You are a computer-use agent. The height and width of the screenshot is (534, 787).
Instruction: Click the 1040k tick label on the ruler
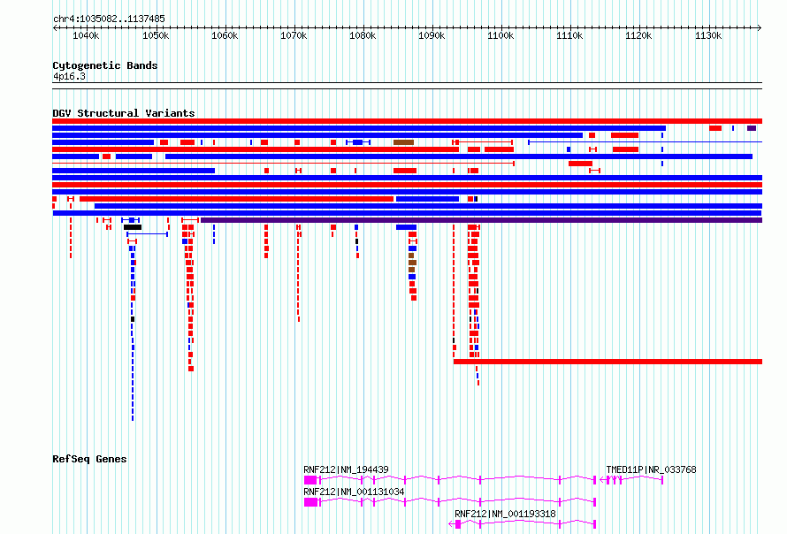coord(87,35)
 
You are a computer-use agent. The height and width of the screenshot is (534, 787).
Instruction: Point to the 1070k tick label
coord(294,35)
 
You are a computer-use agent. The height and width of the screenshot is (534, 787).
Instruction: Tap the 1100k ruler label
coord(500,35)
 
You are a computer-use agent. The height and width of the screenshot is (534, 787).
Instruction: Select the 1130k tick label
coord(707,35)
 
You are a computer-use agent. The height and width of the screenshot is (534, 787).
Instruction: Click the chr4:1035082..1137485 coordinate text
coord(109,19)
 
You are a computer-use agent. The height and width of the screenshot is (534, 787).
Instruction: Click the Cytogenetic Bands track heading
coord(105,65)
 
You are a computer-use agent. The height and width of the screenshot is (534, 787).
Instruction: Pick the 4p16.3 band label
coord(69,76)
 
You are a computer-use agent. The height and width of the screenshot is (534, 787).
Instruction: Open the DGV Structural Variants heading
coord(124,113)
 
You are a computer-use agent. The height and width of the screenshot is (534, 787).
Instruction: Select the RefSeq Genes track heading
coord(89,459)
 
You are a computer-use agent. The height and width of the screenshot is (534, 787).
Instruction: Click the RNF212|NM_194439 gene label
coord(346,469)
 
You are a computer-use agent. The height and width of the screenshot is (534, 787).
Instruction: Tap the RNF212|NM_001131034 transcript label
coord(354,492)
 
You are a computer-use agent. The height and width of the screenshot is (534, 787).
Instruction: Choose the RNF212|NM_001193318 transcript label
coord(505,514)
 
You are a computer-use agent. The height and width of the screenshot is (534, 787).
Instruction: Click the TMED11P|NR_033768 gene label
coord(651,469)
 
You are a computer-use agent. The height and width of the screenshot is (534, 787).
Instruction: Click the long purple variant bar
coord(481,220)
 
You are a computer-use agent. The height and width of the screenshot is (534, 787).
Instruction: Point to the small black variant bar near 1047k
coord(133,227)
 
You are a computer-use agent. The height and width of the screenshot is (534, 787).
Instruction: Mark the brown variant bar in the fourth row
coord(403,142)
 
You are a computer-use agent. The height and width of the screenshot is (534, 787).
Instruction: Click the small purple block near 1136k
coord(752,128)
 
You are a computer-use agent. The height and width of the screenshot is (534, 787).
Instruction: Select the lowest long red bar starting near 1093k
coord(607,362)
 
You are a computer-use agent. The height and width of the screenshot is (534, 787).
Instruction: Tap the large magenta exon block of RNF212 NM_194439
coord(310,480)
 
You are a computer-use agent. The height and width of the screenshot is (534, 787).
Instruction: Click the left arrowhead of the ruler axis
coord(54,28)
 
